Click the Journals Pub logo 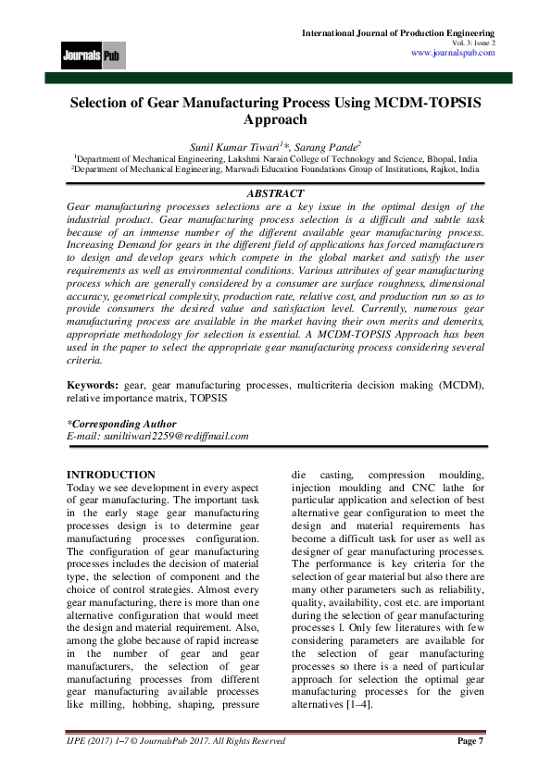(x=94, y=55)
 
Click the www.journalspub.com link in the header (x=452, y=53)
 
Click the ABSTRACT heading (x=276, y=193)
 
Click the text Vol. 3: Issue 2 (x=474, y=43)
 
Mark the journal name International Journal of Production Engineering (x=399, y=32)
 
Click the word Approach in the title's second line (x=275, y=119)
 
